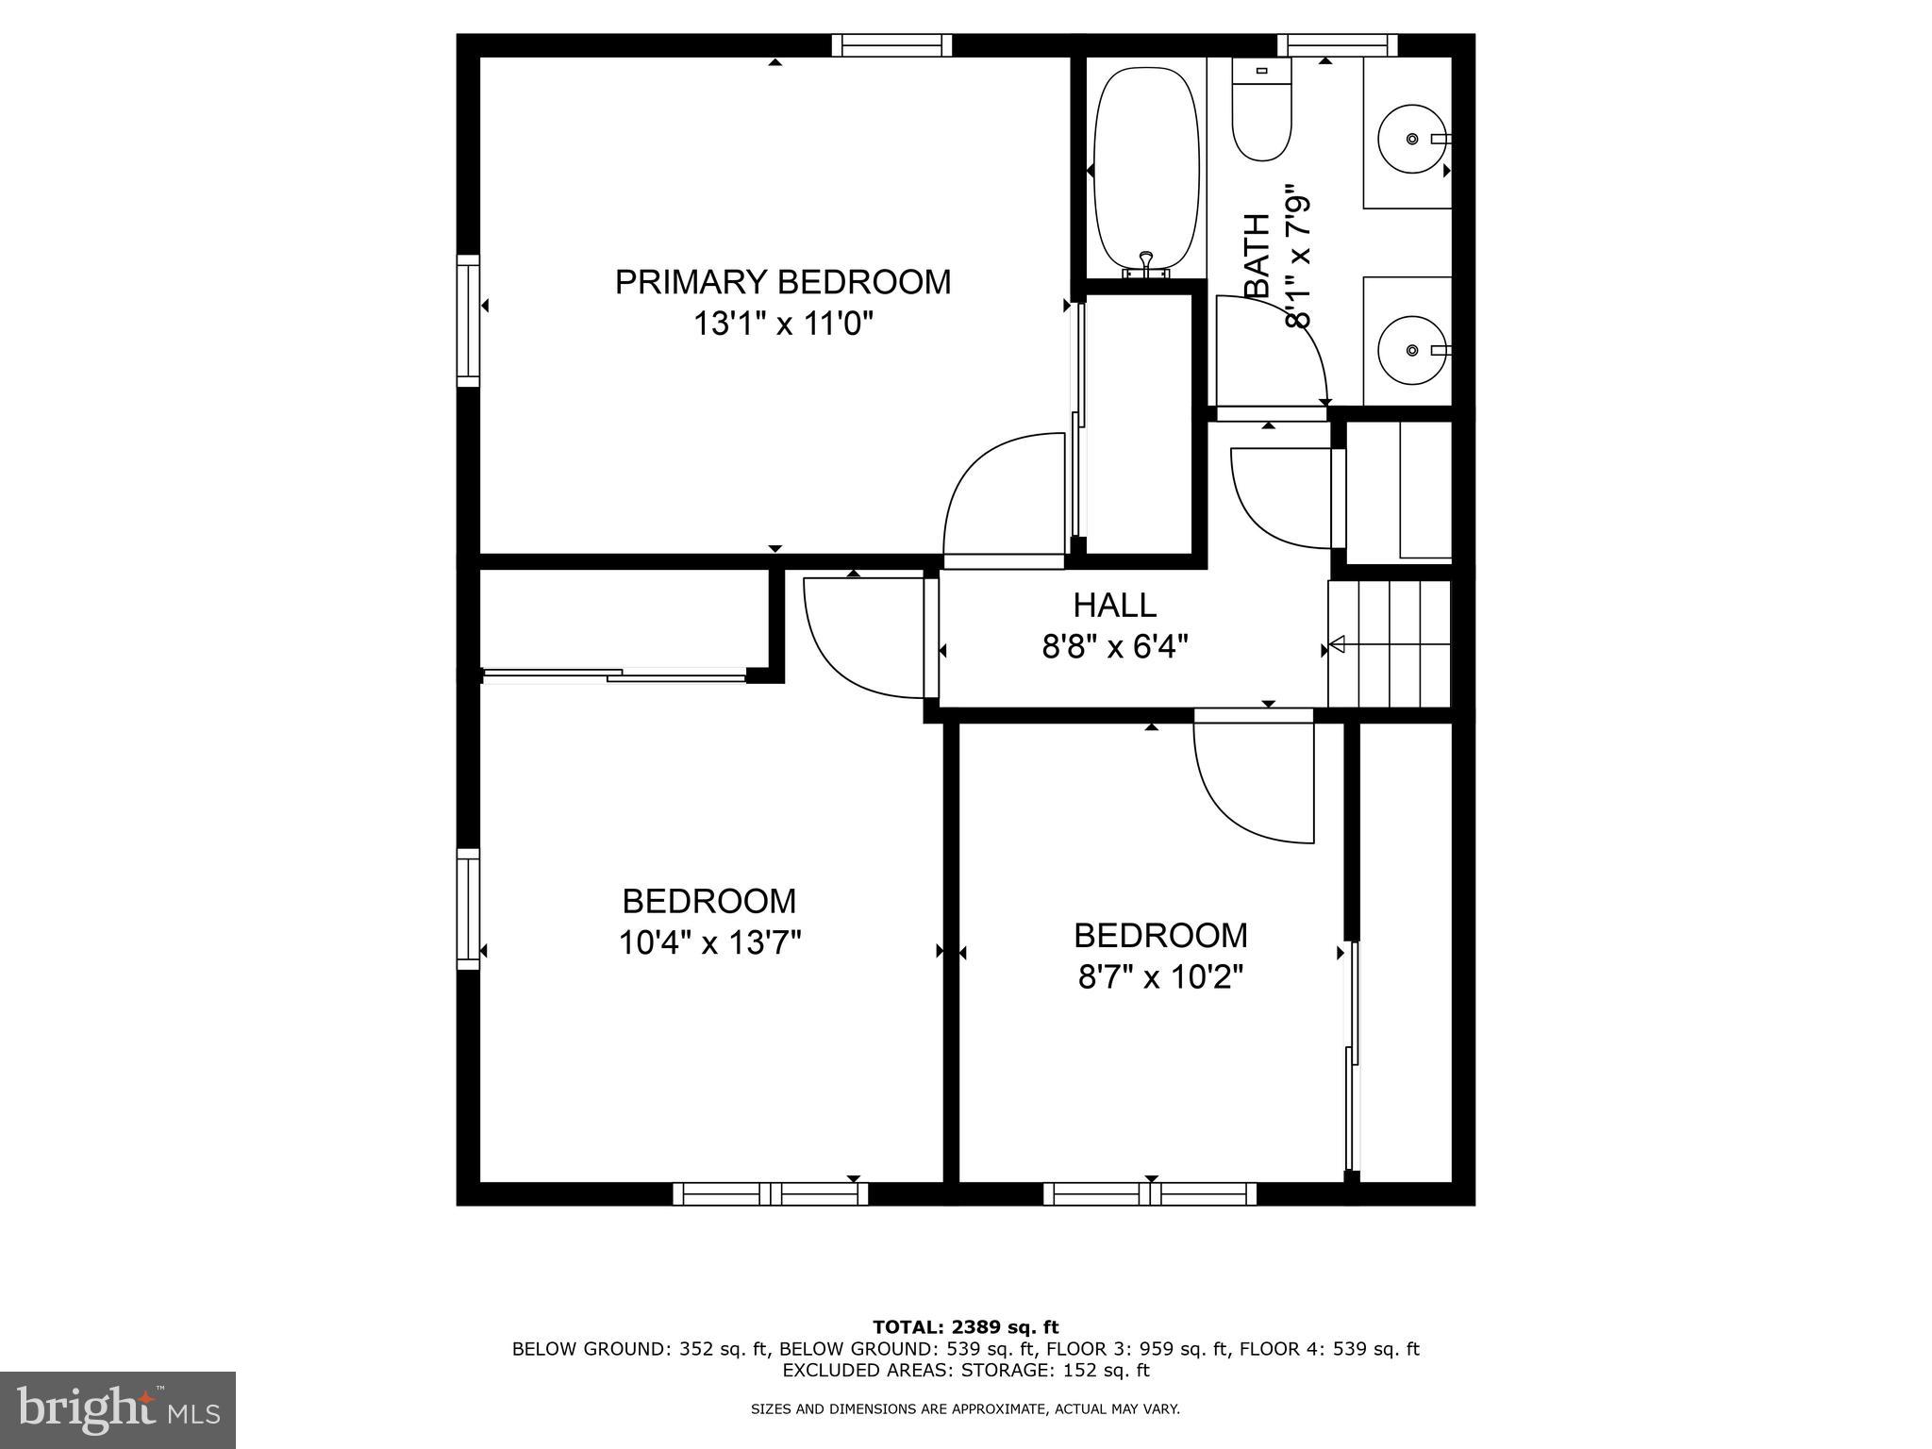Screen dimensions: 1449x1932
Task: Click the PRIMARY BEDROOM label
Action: (782, 282)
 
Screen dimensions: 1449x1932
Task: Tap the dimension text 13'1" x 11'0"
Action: (782, 325)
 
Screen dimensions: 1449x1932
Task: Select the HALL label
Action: (1114, 605)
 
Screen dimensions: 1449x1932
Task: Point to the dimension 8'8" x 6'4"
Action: (1114, 647)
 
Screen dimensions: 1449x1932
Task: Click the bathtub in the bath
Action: (1145, 170)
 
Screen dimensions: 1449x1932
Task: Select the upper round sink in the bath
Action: (1411, 139)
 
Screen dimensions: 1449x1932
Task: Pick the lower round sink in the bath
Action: (1411, 350)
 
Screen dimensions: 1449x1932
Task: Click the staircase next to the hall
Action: (1389, 644)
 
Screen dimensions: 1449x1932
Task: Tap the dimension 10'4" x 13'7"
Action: (709, 942)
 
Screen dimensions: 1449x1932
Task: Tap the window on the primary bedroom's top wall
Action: (891, 45)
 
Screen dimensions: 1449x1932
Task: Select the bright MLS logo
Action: (118, 1409)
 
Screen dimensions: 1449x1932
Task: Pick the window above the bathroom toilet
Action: (1337, 45)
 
